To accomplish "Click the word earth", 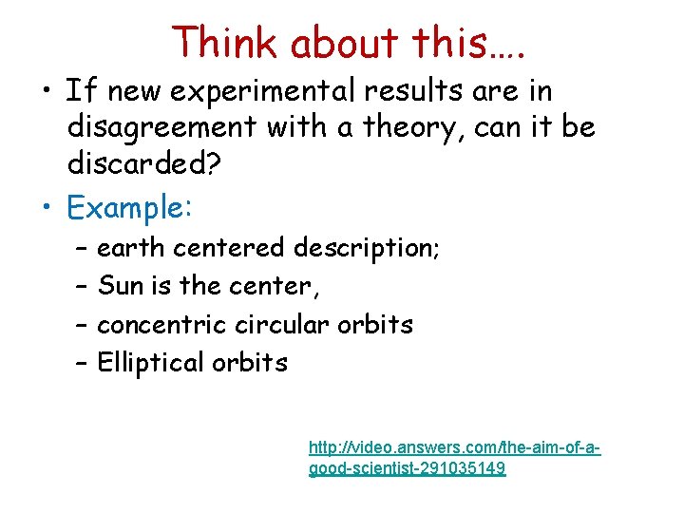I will coord(131,248).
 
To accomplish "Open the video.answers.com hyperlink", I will coord(454,457).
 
